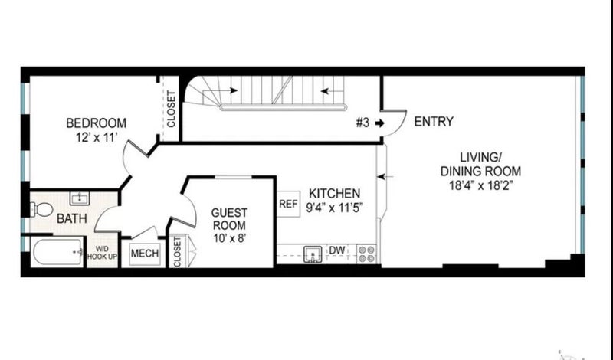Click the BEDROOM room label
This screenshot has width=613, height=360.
[x=97, y=123]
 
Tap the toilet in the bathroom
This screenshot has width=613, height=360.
[x=41, y=210]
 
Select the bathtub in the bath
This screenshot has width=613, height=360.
[x=57, y=252]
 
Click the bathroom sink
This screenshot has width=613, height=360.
[x=80, y=198]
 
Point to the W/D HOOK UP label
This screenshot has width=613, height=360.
[x=102, y=253]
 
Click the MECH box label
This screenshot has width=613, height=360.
[x=145, y=254]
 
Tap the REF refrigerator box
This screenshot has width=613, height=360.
[x=289, y=204]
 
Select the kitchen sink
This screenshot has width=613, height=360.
[x=313, y=254]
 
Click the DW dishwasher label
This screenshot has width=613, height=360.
[x=337, y=250]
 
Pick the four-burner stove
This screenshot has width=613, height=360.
[x=367, y=254]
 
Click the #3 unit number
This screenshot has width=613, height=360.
[x=362, y=123]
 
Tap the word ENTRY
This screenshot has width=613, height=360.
[x=434, y=122]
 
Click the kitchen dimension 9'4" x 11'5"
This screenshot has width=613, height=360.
[x=335, y=208]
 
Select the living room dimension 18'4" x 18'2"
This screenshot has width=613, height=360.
[x=481, y=185]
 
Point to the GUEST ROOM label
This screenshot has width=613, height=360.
[x=229, y=219]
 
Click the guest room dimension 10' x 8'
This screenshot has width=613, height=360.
[x=229, y=237]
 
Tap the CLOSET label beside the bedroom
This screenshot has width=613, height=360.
[x=171, y=109]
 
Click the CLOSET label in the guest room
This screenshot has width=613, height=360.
[x=177, y=252]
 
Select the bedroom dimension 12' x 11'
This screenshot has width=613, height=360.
[x=97, y=137]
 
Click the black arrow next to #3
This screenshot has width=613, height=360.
[x=379, y=123]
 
